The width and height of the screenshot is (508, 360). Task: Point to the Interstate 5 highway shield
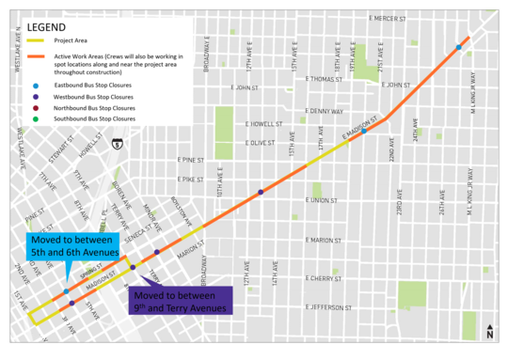pyautogui.click(x=115, y=144)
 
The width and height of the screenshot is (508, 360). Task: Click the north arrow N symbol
pyautogui.click(x=489, y=332)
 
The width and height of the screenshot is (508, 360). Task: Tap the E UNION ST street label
pyautogui.click(x=322, y=199)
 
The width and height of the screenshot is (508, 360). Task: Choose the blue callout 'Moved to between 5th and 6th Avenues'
pyautogui.click(x=73, y=247)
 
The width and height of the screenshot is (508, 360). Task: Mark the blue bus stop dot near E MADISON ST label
pyautogui.click(x=364, y=131)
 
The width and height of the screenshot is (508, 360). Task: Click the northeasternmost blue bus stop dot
pyautogui.click(x=459, y=47)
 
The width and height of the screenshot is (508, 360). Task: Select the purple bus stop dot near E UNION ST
pyautogui.click(x=261, y=192)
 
